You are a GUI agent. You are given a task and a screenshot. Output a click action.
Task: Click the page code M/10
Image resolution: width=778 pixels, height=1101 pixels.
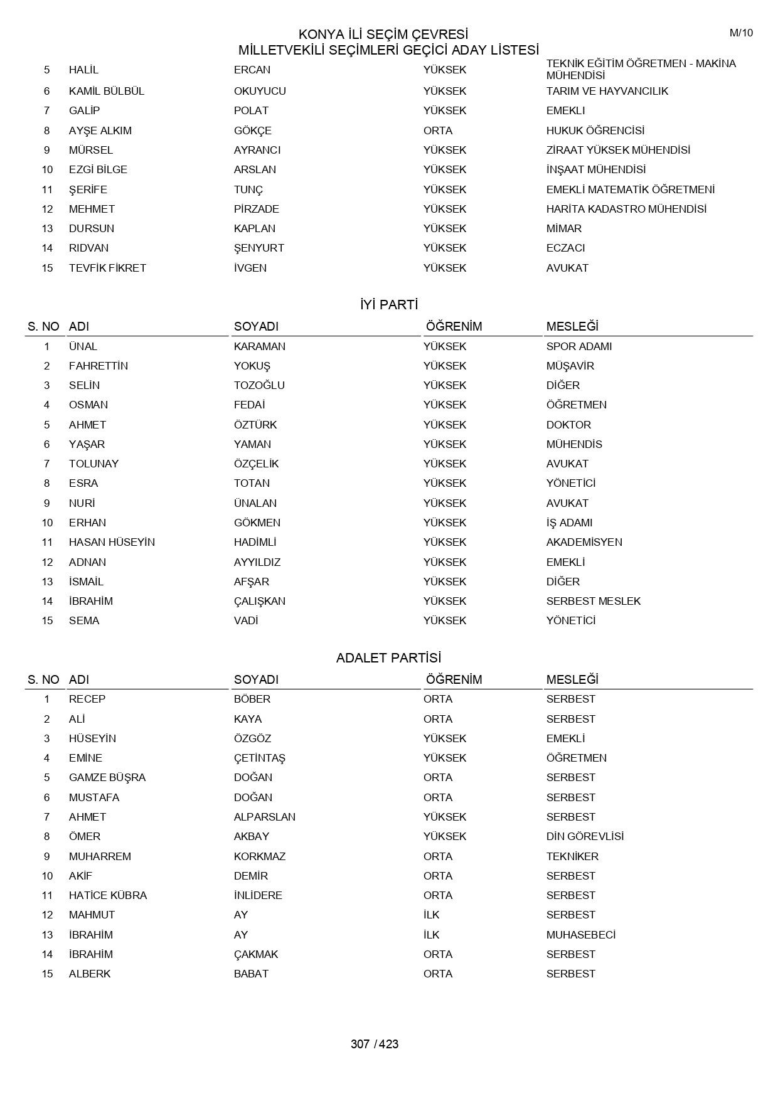740,33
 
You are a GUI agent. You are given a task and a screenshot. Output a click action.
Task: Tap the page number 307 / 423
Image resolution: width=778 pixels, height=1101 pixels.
375,1044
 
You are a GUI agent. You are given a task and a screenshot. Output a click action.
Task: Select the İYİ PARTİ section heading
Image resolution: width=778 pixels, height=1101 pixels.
389,305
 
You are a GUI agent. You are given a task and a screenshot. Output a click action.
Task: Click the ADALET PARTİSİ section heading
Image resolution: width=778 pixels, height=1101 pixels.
388,658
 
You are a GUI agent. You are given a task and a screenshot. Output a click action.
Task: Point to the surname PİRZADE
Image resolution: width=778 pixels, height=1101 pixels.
256,209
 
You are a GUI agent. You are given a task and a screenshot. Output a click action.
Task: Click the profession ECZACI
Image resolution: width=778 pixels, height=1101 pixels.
565,248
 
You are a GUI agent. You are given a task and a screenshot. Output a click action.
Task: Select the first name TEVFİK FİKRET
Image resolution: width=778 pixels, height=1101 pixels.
107,268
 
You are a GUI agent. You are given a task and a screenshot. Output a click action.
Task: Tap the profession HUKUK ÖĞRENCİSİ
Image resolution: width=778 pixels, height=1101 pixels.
595,130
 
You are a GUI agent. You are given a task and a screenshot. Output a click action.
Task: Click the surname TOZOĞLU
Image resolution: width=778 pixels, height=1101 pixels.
259,385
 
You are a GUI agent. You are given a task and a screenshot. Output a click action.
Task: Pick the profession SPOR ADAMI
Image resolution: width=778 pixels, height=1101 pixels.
578,346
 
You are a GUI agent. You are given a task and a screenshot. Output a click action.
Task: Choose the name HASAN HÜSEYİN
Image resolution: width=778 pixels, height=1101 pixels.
112,542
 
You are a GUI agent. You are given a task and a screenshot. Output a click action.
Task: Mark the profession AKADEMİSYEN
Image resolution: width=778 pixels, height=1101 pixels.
584,542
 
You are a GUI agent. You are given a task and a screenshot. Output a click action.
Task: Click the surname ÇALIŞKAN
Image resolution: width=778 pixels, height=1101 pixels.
259,601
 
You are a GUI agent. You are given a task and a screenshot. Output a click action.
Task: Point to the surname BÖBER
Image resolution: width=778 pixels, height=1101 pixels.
252,699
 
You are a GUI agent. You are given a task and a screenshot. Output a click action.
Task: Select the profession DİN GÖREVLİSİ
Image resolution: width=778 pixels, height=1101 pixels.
585,836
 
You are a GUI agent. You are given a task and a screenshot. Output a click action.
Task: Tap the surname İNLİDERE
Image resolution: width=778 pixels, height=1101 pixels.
258,895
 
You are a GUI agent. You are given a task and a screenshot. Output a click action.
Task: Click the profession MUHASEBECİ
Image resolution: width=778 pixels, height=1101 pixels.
580,935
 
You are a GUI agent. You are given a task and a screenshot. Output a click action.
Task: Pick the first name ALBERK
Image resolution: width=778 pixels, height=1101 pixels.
90,974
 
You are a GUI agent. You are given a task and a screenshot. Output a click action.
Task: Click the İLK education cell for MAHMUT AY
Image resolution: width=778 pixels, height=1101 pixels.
432,915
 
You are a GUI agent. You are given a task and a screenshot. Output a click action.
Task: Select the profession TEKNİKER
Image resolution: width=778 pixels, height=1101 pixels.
572,856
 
